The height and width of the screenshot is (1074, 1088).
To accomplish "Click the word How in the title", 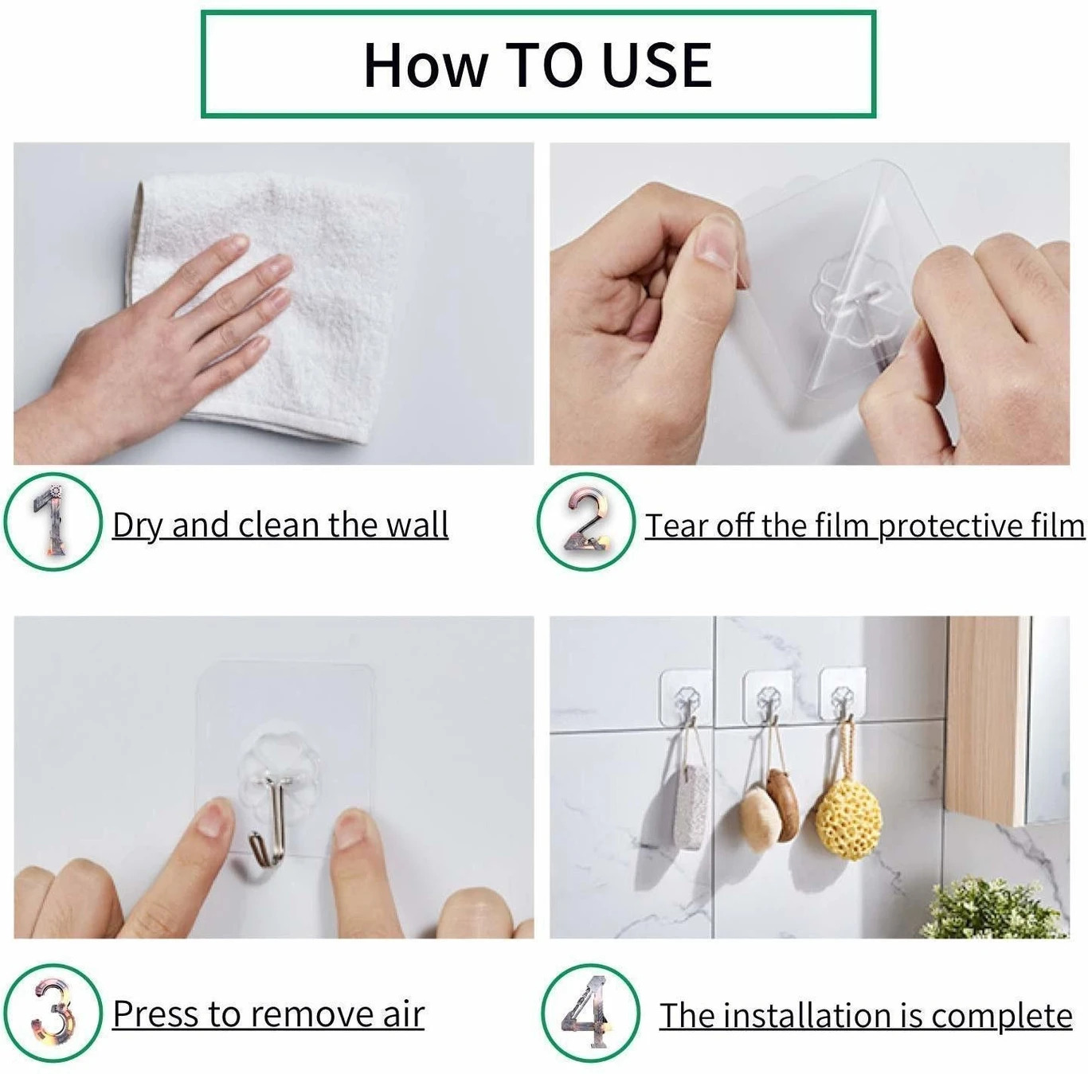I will pyautogui.click(x=424, y=65).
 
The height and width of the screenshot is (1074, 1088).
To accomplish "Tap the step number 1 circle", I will pyautogui.click(x=53, y=521).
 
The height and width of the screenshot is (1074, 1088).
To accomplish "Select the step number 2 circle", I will pyautogui.click(x=585, y=521).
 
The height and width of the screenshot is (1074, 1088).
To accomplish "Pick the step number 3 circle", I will pyautogui.click(x=53, y=1013).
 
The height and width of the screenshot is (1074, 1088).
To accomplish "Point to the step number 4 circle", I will pyautogui.click(x=589, y=1013).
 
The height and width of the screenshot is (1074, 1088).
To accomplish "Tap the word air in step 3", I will pyautogui.click(x=403, y=1014).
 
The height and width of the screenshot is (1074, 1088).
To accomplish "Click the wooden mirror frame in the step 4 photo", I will pyautogui.click(x=986, y=717).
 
